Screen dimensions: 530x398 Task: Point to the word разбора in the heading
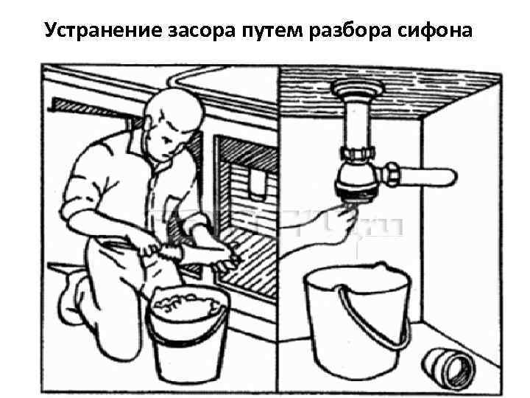(350, 30)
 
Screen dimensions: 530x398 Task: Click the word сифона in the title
(434, 30)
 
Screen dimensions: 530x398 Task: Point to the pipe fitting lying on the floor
(448, 369)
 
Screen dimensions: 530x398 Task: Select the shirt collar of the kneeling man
(142, 149)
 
